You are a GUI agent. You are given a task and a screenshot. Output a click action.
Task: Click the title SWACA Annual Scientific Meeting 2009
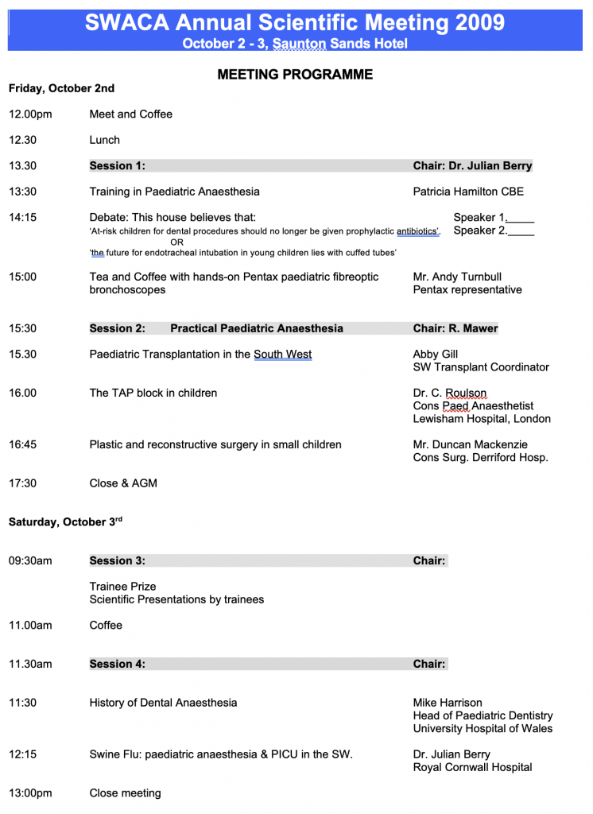click(295, 21)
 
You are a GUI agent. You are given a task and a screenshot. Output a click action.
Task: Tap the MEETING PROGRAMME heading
click(295, 75)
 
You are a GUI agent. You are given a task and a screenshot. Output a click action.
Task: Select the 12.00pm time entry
click(30, 114)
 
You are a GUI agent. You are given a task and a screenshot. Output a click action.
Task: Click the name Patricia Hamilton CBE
click(468, 192)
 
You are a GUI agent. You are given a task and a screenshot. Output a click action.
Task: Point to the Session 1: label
click(117, 166)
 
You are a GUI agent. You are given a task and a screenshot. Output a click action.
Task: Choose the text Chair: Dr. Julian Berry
click(472, 166)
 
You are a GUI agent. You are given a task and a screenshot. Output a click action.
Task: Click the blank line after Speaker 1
click(521, 218)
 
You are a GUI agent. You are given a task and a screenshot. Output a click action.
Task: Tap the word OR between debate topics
click(176, 242)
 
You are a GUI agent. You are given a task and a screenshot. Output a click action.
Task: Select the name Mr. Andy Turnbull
click(457, 277)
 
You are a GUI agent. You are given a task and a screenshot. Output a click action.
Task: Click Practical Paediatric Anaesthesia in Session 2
click(257, 328)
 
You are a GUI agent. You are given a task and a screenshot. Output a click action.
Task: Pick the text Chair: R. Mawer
click(455, 328)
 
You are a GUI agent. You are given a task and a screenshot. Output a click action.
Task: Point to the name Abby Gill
click(436, 355)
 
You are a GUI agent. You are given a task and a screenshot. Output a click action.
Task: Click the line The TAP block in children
click(153, 393)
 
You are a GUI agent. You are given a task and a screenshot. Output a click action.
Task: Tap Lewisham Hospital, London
click(482, 419)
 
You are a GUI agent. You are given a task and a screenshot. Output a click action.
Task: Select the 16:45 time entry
click(22, 444)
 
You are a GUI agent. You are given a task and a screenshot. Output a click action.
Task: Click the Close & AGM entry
click(123, 483)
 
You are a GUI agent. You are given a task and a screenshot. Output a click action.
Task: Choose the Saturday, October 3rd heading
click(65, 522)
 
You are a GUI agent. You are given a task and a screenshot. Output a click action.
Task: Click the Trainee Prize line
click(122, 587)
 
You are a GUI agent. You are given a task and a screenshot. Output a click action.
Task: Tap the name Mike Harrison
click(448, 703)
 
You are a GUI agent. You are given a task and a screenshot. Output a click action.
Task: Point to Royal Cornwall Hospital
click(472, 767)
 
